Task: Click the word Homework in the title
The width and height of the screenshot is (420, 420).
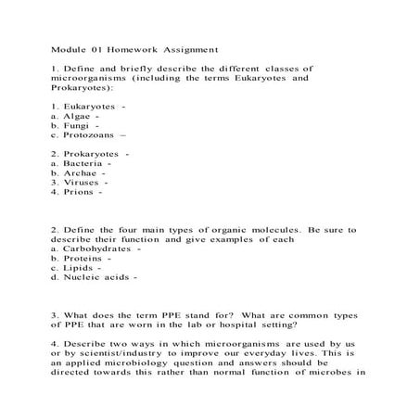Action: pos(134,48)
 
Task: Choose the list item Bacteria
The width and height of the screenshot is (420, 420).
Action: pos(81,162)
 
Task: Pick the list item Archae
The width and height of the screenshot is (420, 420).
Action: pos(79,172)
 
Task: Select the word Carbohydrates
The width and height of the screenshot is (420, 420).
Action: pos(98,248)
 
